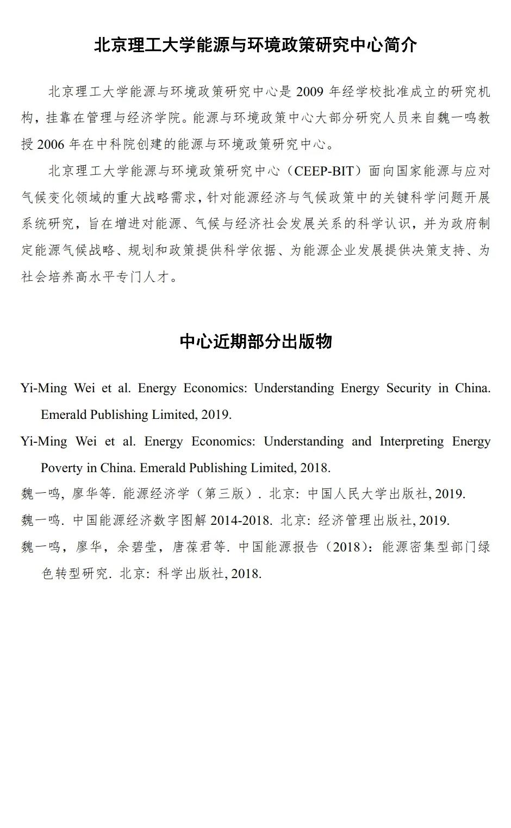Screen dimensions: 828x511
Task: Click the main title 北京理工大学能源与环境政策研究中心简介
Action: [x=255, y=45]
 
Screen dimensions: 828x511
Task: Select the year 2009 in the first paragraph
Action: [x=310, y=91]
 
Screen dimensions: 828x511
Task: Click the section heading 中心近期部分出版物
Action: [x=255, y=341]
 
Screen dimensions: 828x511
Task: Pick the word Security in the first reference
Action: [x=409, y=388]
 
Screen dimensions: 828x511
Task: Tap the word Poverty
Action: [x=61, y=468]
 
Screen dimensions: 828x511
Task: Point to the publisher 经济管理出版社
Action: [x=365, y=520]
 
